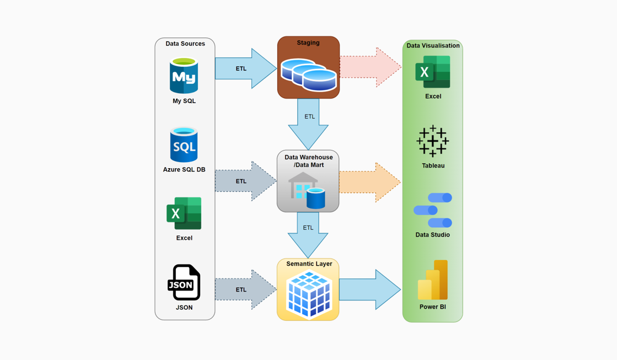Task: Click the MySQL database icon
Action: tap(184, 76)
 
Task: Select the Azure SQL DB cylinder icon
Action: tap(184, 145)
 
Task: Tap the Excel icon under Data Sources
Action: tap(184, 213)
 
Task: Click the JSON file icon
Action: tap(184, 282)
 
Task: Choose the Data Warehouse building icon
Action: tap(307, 190)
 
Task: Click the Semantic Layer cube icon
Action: tap(308, 295)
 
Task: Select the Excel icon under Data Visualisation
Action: tap(433, 72)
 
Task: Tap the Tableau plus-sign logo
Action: tap(433, 141)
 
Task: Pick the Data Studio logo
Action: tap(433, 210)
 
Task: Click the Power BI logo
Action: tap(433, 280)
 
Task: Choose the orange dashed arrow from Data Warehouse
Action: tap(370, 182)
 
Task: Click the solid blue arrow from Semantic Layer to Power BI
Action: tap(370, 289)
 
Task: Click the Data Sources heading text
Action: tap(185, 44)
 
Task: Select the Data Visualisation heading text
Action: tap(433, 46)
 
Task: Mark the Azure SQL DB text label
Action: tap(184, 170)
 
